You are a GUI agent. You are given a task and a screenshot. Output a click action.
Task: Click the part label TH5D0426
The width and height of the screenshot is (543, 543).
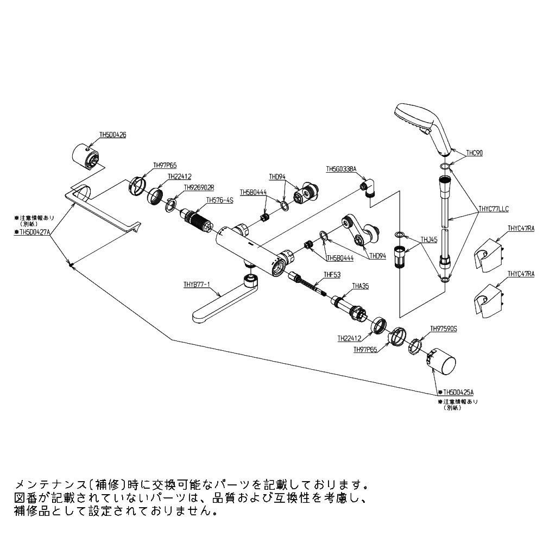tap(113, 135)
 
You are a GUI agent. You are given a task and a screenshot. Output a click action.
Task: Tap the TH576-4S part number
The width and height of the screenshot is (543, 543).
tap(219, 200)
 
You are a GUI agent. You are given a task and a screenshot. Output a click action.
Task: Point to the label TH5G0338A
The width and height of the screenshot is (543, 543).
tap(341, 169)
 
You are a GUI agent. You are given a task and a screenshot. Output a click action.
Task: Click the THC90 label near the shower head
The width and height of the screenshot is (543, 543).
tap(474, 153)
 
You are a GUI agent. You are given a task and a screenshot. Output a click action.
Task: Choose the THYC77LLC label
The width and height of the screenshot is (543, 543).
tap(493, 208)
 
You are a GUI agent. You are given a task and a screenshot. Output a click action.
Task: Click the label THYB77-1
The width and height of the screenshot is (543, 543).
tap(197, 284)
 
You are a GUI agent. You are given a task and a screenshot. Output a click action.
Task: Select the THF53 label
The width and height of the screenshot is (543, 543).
tap(331, 275)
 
